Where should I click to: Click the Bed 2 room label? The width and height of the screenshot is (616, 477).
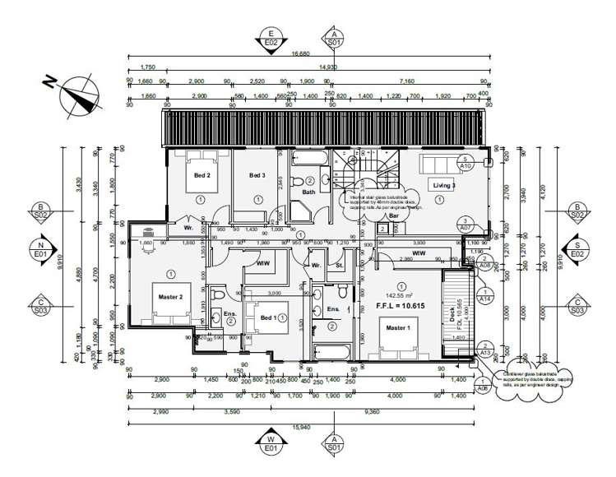click(x=201, y=176)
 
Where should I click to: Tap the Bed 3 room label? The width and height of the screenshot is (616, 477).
click(x=257, y=176)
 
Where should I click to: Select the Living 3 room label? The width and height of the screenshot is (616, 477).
click(x=445, y=186)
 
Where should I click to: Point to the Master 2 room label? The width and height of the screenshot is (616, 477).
click(x=169, y=287)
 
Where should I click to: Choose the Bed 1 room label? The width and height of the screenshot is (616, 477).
click(x=268, y=317)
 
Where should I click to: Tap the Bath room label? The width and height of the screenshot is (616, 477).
click(x=308, y=192)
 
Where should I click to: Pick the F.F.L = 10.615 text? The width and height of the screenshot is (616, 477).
click(x=401, y=305)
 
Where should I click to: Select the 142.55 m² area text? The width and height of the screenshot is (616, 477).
click(x=400, y=293)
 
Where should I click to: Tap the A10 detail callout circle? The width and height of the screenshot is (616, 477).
click(x=465, y=162)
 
